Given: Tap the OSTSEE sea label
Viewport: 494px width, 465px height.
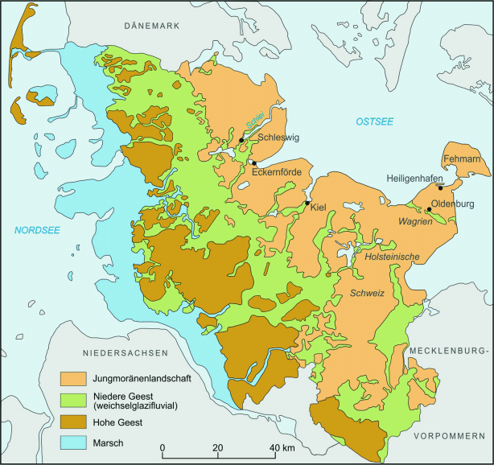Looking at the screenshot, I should coord(374,121).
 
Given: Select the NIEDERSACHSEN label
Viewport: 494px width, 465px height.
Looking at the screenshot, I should coord(124,353).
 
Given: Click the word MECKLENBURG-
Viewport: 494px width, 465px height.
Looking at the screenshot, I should coord(448,352).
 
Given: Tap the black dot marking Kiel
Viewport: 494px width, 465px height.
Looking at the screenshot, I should coord(307,203).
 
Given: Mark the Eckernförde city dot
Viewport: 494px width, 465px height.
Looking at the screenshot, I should coord(253,163).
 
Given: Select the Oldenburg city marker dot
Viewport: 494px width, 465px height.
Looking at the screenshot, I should coord(430,210).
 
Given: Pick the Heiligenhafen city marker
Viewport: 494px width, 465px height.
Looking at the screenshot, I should coord(440,188).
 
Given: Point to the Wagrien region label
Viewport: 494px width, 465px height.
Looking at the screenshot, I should coord(416,220).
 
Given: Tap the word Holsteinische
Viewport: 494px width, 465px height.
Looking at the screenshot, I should coord(393,257).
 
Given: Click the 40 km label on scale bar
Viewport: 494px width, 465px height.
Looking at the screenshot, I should coord(281,447).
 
